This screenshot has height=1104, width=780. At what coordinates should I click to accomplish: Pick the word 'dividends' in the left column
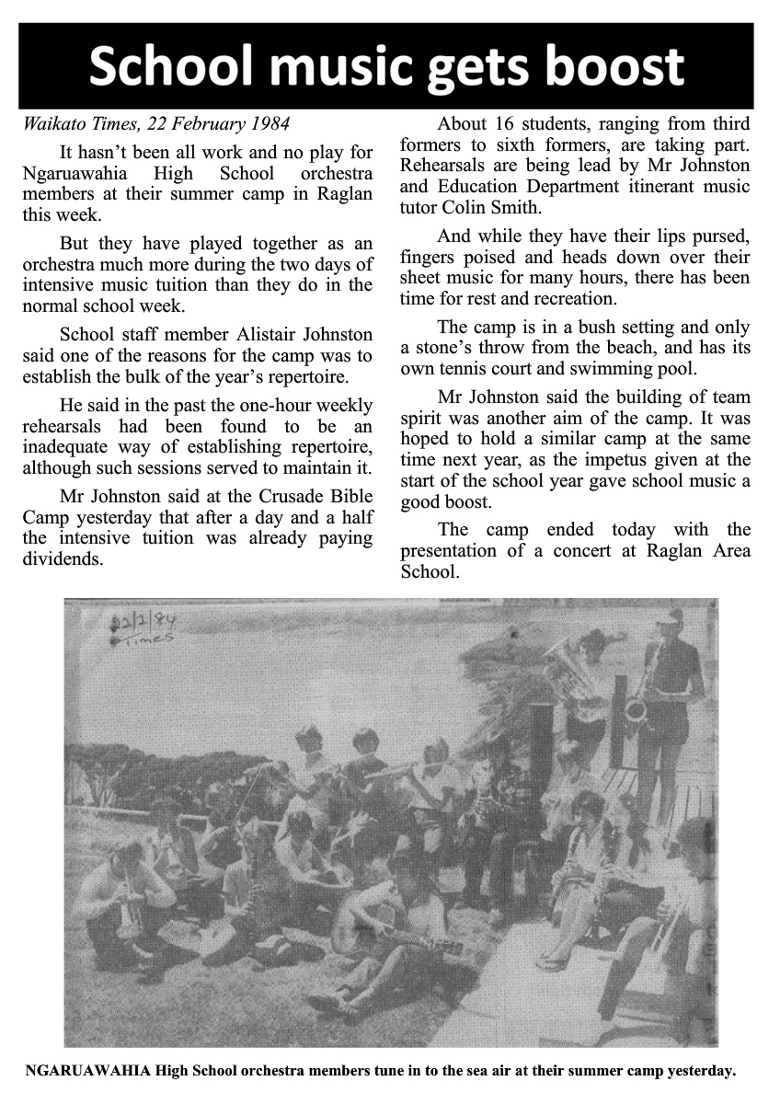[x=63, y=558]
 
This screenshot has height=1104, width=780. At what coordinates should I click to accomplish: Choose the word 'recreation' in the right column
[x=572, y=299]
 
